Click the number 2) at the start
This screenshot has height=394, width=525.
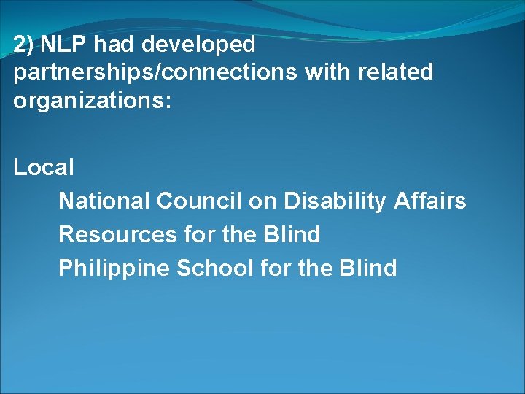coord(23,45)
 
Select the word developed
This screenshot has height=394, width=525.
coord(198,45)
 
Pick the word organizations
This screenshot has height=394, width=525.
coord(90,100)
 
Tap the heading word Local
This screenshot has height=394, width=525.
coord(44,168)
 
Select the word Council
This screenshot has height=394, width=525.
coord(199,201)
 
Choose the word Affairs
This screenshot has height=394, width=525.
coord(429,201)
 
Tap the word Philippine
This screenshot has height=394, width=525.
coord(114,269)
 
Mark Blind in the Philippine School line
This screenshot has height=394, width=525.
coord(368,268)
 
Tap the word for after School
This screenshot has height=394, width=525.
coord(276,268)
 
